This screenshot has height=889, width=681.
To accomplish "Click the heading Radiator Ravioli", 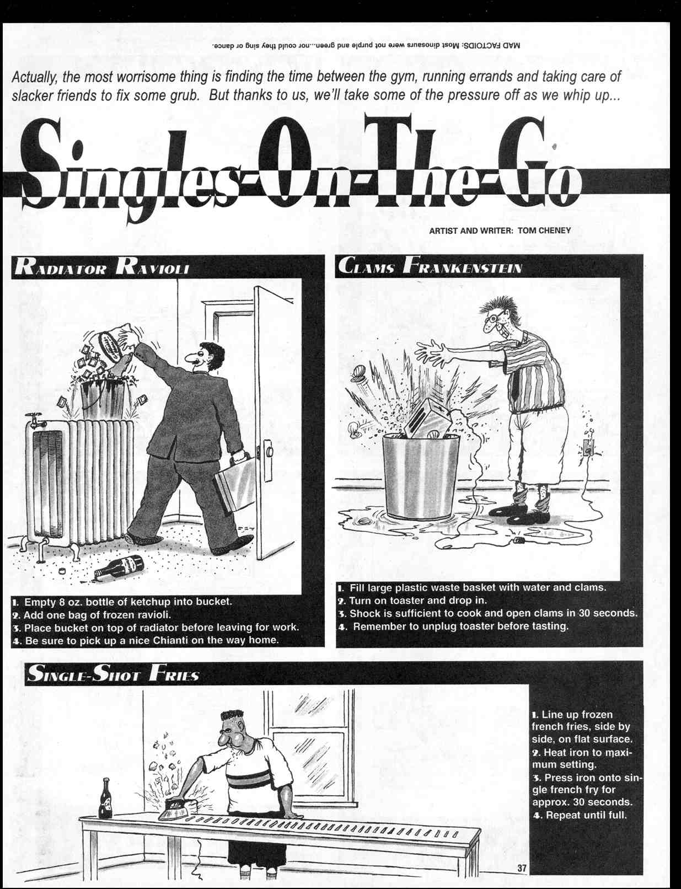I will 103,267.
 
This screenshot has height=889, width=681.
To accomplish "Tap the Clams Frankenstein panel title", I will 430,266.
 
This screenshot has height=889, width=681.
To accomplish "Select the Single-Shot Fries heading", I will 113,674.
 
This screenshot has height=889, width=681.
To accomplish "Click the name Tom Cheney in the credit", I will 544,231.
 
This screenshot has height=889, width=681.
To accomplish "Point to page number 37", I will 522,868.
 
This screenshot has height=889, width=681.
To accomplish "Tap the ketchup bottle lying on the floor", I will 120,566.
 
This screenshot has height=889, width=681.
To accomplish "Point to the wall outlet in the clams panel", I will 588,449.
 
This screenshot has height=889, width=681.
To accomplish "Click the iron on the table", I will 175,810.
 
